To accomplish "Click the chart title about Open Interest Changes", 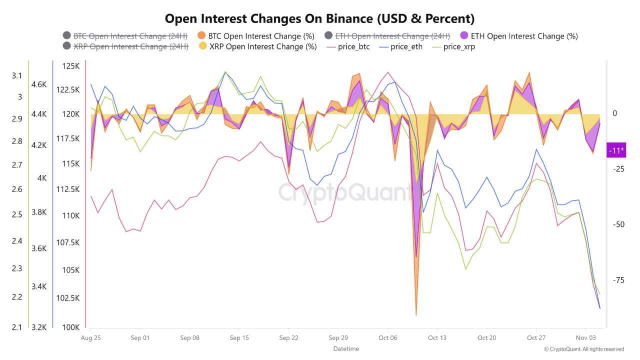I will (x=319, y=19).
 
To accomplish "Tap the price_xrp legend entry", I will (x=458, y=47).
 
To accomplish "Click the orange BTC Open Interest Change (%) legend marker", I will (x=201, y=36).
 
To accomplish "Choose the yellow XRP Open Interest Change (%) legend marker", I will (x=201, y=46).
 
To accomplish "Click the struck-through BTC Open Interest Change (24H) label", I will (x=127, y=36).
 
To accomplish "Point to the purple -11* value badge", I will (x=615, y=150).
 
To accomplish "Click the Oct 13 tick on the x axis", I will (x=437, y=337).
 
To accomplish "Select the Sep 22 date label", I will (x=288, y=337).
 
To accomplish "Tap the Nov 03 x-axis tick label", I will (x=585, y=337).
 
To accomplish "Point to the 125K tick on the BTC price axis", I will (x=71, y=66).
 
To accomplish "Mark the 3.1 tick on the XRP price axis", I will (x=17, y=75).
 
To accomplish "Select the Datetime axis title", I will (x=346, y=348).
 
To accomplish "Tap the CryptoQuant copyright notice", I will (x=583, y=349).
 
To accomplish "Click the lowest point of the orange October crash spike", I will (x=416, y=315).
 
